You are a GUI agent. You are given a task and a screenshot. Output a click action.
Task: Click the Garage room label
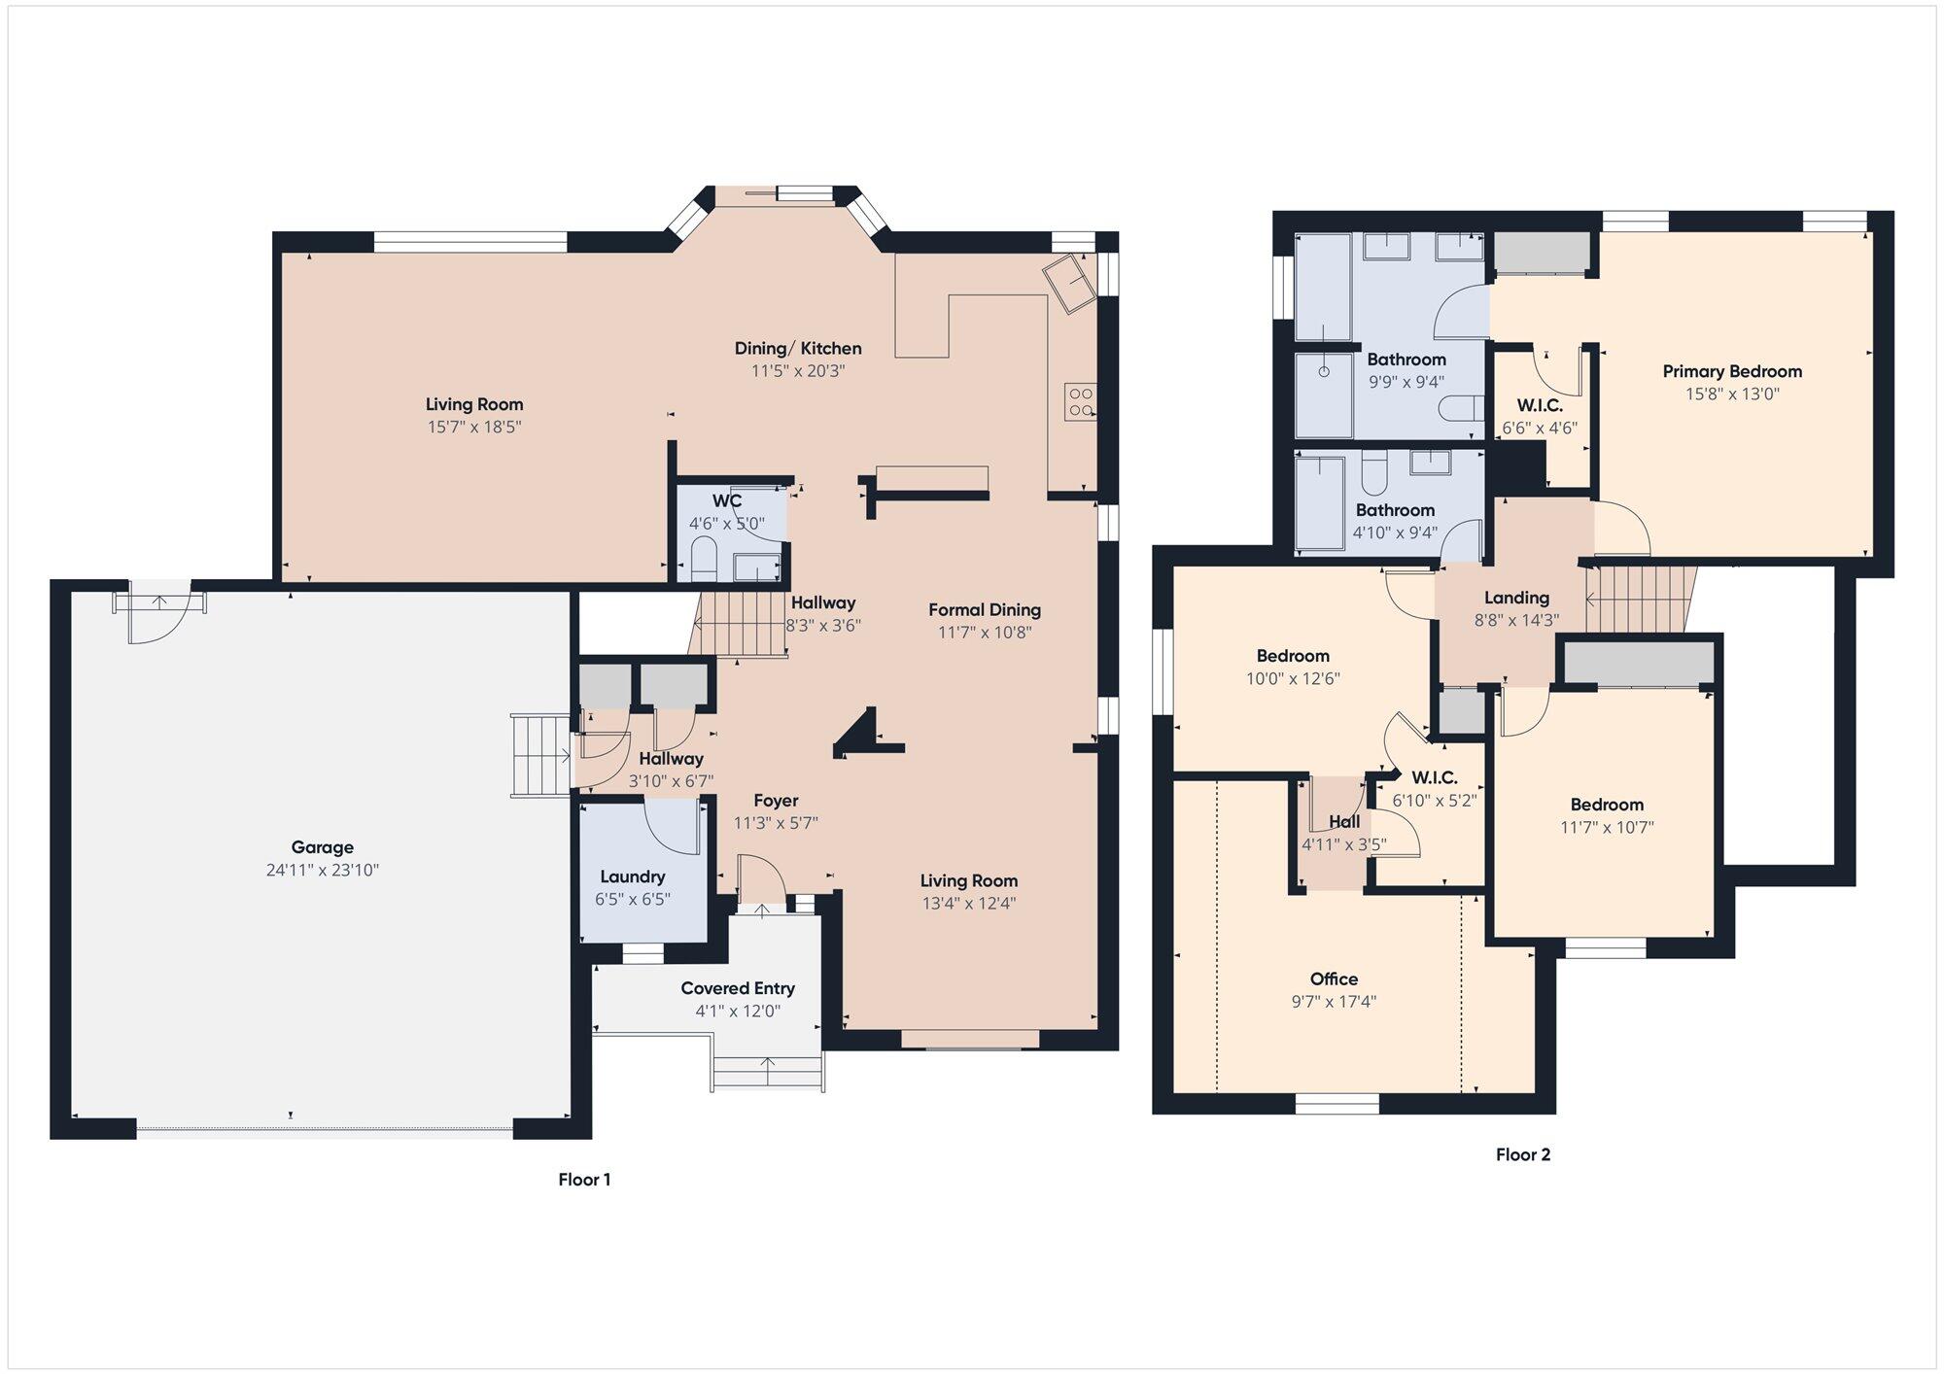(322, 847)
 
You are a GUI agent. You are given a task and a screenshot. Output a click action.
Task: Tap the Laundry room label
(633, 876)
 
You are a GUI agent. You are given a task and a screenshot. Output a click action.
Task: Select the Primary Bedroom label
(1732, 371)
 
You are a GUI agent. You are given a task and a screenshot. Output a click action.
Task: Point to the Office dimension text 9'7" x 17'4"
(1334, 1002)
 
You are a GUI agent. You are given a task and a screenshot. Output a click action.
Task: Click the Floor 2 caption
(1523, 1154)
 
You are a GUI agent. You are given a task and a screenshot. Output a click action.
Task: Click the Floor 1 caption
(584, 1180)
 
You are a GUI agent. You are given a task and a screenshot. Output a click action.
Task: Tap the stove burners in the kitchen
(1081, 401)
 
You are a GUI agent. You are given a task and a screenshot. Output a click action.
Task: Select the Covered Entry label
(738, 988)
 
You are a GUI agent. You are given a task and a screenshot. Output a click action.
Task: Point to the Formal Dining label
(985, 610)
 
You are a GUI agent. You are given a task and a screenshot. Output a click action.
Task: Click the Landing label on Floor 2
(1516, 598)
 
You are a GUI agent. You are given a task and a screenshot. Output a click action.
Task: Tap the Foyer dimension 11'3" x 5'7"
(776, 823)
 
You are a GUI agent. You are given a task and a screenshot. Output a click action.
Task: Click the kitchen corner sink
(1069, 282)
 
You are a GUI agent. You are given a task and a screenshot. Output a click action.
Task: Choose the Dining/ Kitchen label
(798, 348)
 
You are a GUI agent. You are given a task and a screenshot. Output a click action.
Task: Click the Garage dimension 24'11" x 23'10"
(322, 871)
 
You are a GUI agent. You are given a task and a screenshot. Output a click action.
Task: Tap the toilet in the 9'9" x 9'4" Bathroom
(1460, 408)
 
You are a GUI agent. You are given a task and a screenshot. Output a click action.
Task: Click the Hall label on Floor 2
(1344, 822)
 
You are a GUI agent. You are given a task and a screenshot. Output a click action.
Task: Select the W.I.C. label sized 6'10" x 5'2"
(1435, 778)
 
